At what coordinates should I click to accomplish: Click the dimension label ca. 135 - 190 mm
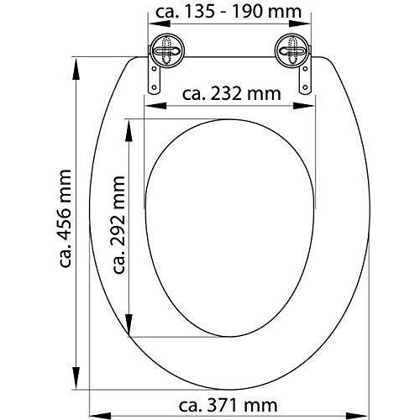coord(228,12)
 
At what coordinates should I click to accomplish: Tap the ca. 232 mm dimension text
coord(231,94)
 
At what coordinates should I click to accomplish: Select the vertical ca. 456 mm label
coord(66,218)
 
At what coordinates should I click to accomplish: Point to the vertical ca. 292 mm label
coord(118,224)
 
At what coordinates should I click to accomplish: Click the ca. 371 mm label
coord(228,405)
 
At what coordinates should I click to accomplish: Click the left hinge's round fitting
coord(167,51)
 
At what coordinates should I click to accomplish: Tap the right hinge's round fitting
coord(292,51)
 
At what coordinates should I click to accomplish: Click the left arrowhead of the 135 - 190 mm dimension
coord(159,24)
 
